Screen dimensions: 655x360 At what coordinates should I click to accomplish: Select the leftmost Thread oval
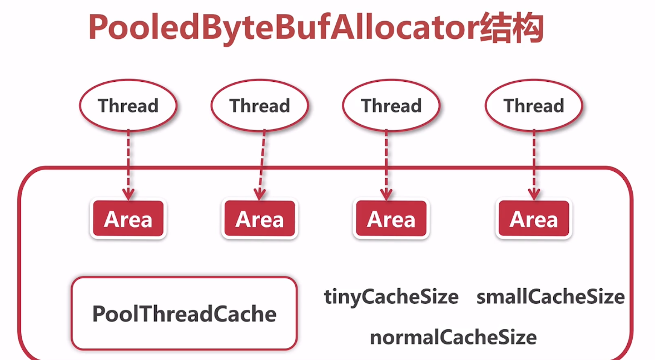point(128,106)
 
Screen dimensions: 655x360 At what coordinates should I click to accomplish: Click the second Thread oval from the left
point(260,106)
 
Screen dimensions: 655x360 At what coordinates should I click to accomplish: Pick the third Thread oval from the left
point(391,106)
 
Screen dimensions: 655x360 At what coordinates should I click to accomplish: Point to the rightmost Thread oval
point(534,106)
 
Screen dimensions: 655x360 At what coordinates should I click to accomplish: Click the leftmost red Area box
point(128,219)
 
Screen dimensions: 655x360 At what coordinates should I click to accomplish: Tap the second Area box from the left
point(260,219)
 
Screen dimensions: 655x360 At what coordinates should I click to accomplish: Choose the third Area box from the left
point(391,219)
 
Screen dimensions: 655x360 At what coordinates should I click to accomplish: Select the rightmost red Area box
point(534,219)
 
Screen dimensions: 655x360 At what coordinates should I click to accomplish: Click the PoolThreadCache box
point(184,314)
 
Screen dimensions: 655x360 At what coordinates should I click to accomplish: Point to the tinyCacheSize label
point(391,297)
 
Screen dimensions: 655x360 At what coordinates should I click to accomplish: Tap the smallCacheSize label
point(550,297)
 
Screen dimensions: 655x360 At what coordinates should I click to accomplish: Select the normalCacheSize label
point(453,337)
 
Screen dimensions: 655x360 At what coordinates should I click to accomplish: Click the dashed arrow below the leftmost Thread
point(128,161)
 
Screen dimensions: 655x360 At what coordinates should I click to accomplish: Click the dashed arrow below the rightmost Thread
point(534,161)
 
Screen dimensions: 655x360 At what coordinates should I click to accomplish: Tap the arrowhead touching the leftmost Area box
point(128,194)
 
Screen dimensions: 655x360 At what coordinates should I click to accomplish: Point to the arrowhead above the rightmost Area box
point(534,194)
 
